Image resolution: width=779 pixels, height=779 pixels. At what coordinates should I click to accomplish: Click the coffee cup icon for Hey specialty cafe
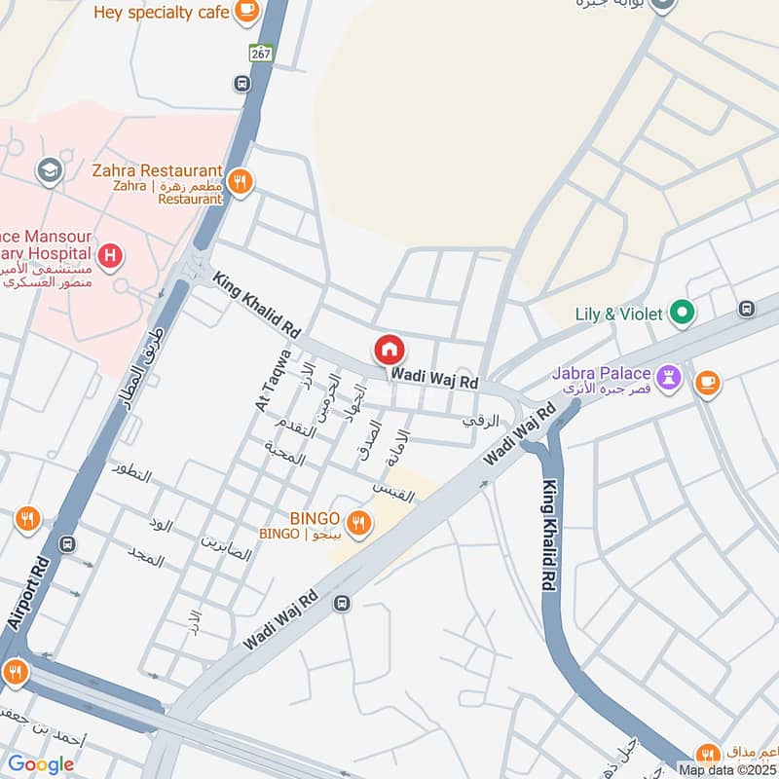[247, 12]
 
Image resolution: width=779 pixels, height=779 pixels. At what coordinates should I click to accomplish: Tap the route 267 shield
[260, 54]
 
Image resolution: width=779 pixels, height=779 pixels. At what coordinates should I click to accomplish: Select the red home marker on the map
[389, 349]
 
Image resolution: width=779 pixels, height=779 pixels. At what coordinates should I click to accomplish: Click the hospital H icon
[112, 256]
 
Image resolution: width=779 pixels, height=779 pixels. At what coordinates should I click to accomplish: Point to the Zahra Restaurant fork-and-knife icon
[241, 181]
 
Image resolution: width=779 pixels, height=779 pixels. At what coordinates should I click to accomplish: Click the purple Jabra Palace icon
[669, 376]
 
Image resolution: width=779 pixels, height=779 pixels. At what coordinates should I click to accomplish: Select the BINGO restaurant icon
[359, 525]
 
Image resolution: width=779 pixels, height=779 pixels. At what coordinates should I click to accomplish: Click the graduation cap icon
[47, 172]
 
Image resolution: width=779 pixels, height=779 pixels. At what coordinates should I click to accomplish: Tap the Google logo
[41, 764]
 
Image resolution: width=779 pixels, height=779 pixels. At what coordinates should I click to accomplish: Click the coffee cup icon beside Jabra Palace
[708, 383]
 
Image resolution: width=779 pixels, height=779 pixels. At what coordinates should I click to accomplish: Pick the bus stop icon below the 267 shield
[241, 84]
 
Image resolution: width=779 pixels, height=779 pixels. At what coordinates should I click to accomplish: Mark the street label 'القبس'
[393, 492]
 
